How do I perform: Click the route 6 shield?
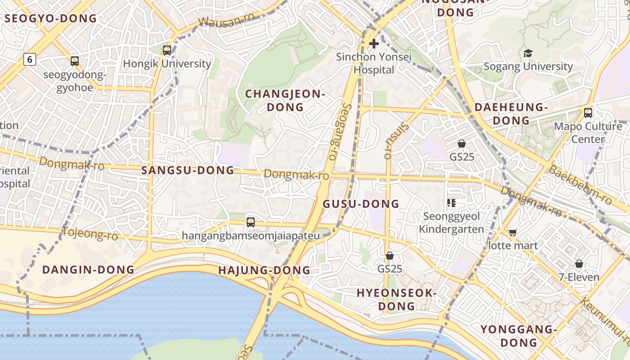coord(30,59)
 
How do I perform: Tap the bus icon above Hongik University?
coord(167,50)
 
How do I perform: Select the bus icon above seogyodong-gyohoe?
coord(75,61)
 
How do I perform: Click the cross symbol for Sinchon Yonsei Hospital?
coord(374,44)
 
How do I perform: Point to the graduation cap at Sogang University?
coord(528,53)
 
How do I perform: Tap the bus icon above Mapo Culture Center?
coord(588,112)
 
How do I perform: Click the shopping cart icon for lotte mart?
coord(513,233)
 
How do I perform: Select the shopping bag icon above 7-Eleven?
coord(579,264)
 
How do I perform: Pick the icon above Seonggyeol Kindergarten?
coord(451,203)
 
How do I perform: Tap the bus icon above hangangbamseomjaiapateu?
coord(251,222)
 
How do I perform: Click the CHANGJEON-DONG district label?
coord(285,100)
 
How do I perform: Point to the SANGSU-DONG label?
coord(188,170)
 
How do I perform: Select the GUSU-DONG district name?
coord(361,204)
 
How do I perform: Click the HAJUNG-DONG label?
coord(264,270)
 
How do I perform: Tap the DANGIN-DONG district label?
coord(88,270)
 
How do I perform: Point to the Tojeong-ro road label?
coord(90,234)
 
